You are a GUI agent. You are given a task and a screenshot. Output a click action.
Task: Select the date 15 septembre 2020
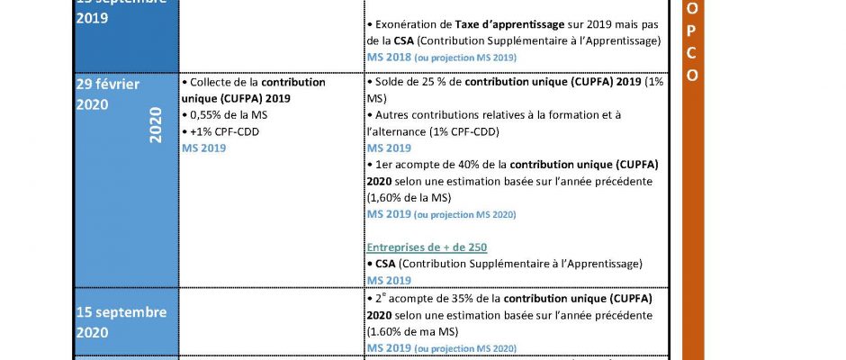click(x=122, y=322)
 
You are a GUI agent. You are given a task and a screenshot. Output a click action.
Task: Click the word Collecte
click(x=216, y=82)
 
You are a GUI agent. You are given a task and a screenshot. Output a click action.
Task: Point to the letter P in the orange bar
click(x=692, y=31)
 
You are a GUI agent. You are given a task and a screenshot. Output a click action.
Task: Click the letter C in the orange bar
click(x=692, y=53)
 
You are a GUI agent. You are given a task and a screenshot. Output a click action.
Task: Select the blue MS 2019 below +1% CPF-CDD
click(x=203, y=148)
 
